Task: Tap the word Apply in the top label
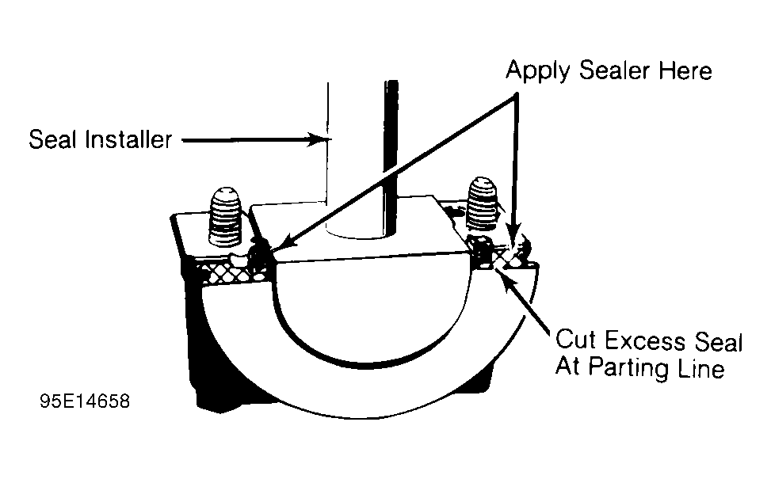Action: (540, 71)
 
